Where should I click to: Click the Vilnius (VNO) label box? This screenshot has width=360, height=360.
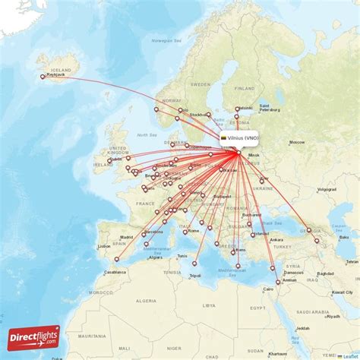(x=240, y=138)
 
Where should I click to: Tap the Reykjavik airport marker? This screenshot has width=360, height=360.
(x=43, y=76)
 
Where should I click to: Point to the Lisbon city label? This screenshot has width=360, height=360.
(x=104, y=246)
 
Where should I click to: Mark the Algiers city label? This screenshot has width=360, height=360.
(x=155, y=257)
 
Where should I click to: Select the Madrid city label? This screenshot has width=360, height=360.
(x=126, y=237)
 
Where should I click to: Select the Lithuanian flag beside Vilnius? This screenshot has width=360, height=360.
(x=224, y=138)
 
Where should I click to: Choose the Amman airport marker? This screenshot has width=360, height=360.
(x=278, y=282)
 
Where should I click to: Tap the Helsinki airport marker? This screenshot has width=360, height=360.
(x=238, y=109)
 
